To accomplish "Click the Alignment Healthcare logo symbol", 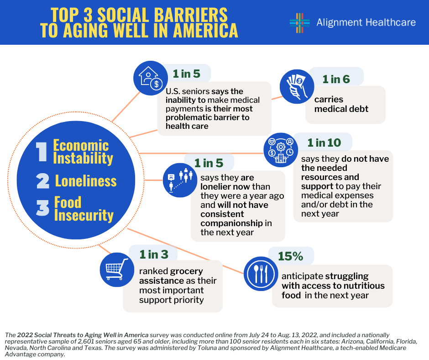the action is (x=299, y=23).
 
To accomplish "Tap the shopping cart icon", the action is (x=117, y=270).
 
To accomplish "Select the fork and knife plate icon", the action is (x=261, y=274).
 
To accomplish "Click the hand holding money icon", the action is (x=297, y=86).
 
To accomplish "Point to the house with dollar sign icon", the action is (x=151, y=78).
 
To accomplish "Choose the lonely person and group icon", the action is (x=180, y=180).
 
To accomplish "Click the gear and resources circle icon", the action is (x=281, y=150).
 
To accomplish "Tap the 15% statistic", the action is (x=290, y=256).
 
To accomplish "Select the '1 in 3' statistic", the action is (x=154, y=254).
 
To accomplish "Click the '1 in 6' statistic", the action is (x=336, y=79).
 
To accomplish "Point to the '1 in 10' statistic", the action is (x=324, y=143).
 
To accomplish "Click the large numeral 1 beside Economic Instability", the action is (x=42, y=152).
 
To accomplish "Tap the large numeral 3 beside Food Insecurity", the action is (x=43, y=208).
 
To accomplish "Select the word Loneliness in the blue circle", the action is (x=86, y=181).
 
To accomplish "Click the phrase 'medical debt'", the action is (x=341, y=109).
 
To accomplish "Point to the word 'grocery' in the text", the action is (x=186, y=271).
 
